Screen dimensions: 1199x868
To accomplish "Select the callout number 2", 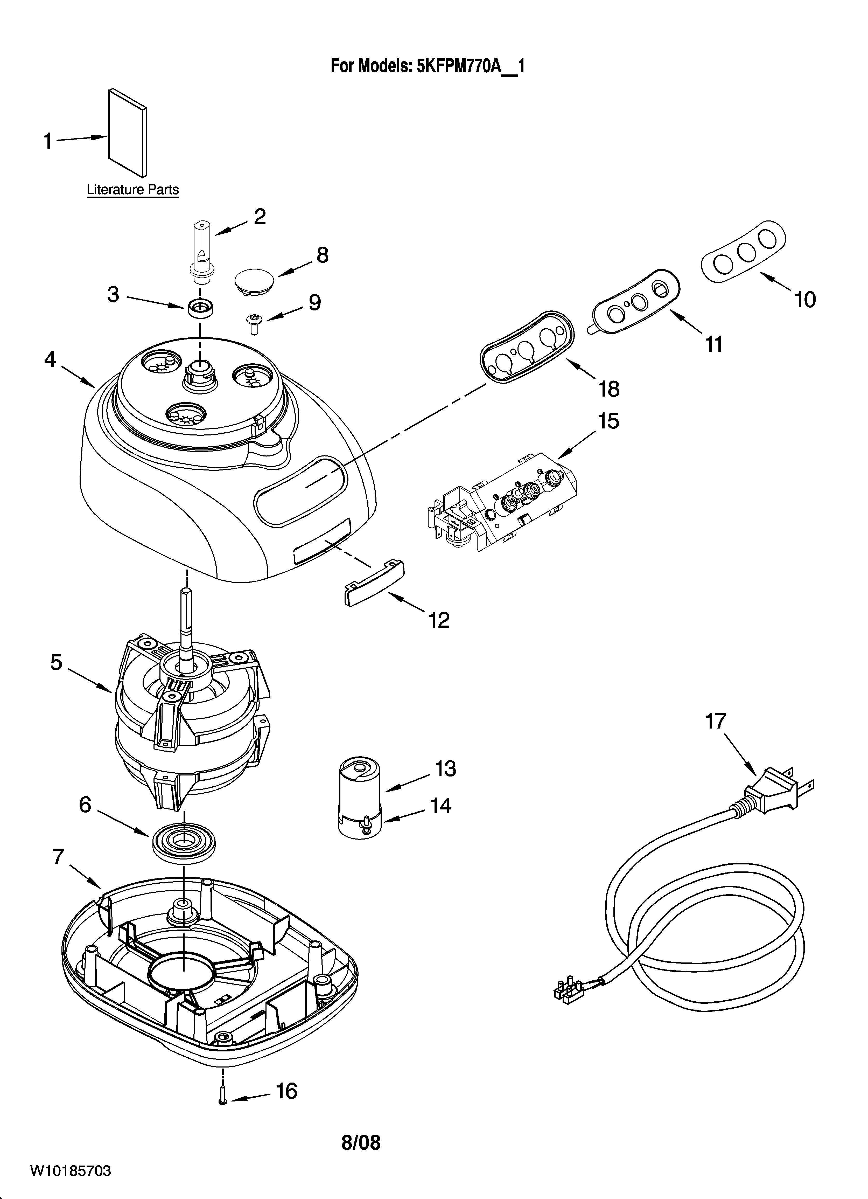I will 260,217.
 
